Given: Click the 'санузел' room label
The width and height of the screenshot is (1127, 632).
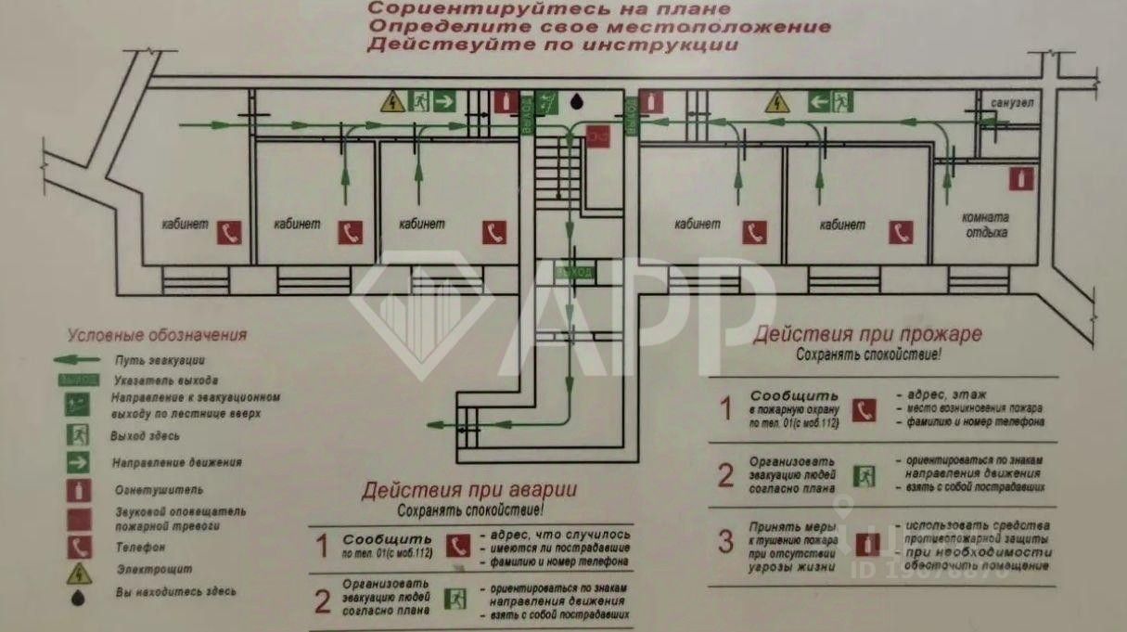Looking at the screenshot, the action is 1011,102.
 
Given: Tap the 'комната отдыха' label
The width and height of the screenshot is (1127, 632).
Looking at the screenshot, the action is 984,225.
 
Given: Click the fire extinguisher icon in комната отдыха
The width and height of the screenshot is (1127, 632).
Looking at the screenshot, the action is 1024,176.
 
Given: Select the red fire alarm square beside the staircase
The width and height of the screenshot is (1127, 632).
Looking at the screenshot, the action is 598,136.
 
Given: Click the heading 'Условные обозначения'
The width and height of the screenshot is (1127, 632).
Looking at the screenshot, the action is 157,335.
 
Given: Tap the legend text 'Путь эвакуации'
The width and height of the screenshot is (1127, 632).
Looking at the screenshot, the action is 159,360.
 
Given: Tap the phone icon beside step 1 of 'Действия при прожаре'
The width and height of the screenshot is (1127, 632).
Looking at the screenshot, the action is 864,409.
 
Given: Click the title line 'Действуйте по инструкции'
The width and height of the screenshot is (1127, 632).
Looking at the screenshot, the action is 553,44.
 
